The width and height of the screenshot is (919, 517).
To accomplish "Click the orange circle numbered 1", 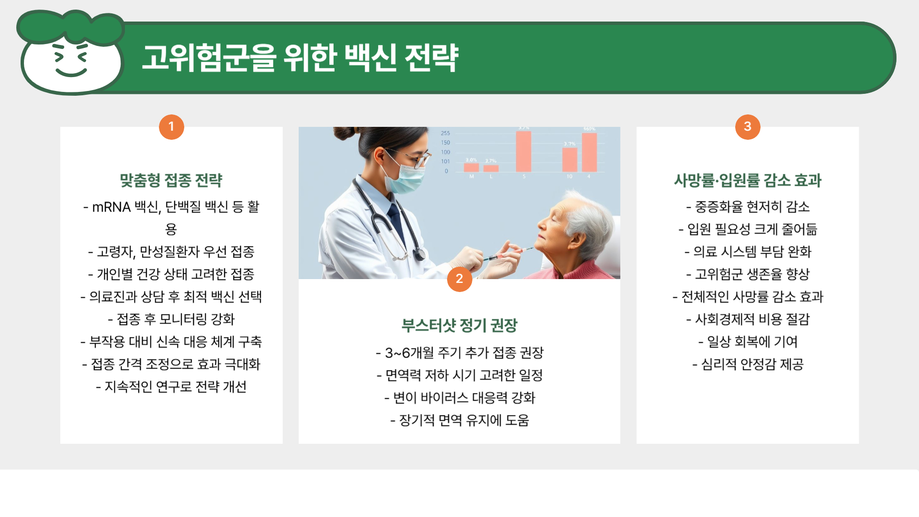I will [171, 127].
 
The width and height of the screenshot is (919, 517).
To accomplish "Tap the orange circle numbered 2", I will [459, 279].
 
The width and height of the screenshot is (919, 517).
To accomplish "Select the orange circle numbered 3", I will [748, 127].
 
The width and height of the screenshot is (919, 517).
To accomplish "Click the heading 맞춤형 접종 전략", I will [171, 180].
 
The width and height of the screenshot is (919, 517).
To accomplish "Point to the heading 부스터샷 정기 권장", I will [459, 326].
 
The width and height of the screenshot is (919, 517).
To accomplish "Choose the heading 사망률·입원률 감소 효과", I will [748, 180].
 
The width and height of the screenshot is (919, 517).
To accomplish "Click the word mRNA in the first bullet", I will [111, 207].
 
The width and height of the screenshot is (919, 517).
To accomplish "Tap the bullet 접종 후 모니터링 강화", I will [171, 319].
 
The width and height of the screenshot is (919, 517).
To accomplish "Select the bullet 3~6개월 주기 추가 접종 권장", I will [459, 353].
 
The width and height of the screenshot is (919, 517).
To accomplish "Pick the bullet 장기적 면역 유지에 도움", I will [459, 420].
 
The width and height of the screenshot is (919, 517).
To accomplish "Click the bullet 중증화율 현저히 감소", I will [748, 207].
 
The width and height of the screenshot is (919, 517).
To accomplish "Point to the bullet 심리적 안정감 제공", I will [748, 364].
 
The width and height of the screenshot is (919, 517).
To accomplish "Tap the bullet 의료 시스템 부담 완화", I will [748, 252].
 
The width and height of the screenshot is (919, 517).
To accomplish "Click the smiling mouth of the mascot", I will [71, 73].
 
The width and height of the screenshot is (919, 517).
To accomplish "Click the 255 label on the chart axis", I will [445, 133].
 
